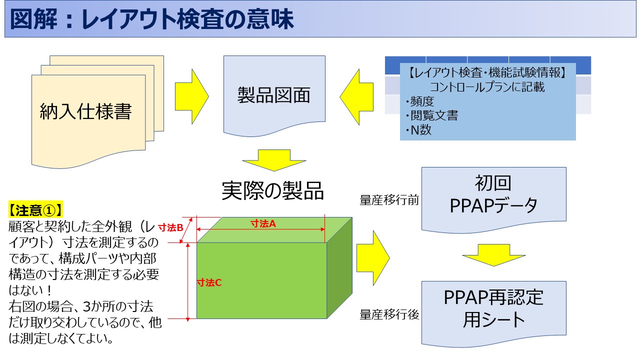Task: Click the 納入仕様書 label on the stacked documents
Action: (x=85, y=111)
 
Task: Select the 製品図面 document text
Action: (x=273, y=95)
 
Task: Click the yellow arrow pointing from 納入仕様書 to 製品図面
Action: (x=192, y=95)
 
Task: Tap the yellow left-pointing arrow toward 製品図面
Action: (x=356, y=95)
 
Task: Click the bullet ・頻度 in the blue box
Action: (x=419, y=102)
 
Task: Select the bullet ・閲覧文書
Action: (x=431, y=116)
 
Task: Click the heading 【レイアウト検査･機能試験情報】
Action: (x=487, y=73)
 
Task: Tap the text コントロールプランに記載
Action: (x=487, y=87)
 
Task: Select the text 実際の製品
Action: (x=273, y=190)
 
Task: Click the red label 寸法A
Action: (x=263, y=224)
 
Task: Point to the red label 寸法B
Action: (x=170, y=227)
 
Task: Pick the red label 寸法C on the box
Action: (x=209, y=282)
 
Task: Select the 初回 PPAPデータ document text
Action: (x=493, y=195)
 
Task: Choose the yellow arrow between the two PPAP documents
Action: (x=493, y=254)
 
